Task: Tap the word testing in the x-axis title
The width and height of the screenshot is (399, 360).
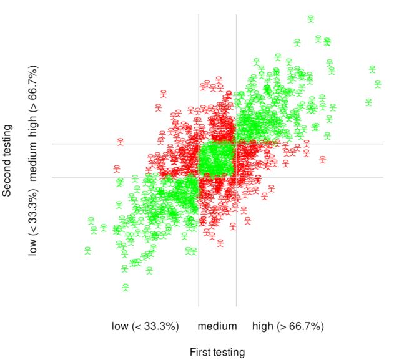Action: point(229,353)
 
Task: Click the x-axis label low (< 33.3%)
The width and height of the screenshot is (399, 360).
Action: point(145,326)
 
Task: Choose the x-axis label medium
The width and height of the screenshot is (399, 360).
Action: point(219,326)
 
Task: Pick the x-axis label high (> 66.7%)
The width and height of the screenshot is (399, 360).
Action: point(288,326)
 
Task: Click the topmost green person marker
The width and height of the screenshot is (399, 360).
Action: point(310,19)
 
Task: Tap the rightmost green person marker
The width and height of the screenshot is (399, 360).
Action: point(377,84)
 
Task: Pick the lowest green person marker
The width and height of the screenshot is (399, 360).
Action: point(126,287)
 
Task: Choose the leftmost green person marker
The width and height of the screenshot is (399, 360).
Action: point(88,250)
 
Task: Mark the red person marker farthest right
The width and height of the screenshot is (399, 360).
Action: point(322,159)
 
